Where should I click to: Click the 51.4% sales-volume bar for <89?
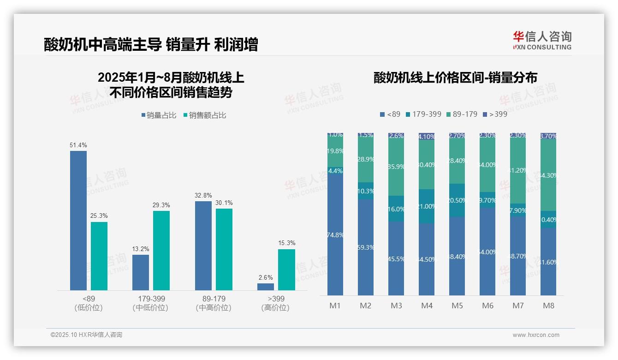pyautogui.click(x=78, y=221)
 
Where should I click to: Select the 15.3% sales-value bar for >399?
pyautogui.click(x=286, y=270)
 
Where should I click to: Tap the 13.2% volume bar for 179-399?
pyautogui.click(x=141, y=272)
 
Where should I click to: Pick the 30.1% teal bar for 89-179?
pyautogui.click(x=224, y=249)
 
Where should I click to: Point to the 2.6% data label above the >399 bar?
pyautogui.click(x=266, y=277)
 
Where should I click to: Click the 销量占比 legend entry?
pyautogui.click(x=159, y=115)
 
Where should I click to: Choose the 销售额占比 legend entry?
pyautogui.click(x=205, y=115)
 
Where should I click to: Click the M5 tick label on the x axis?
pyautogui.click(x=457, y=306)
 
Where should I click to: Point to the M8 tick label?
pyautogui.click(x=548, y=306)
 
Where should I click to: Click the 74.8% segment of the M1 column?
pyautogui.click(x=335, y=234)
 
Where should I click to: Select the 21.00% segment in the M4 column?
pyautogui.click(x=427, y=206)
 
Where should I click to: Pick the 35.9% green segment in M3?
pyautogui.click(x=396, y=167)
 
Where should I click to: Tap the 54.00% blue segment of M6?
pyautogui.click(x=487, y=252)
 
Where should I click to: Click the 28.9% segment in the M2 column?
pyautogui.click(x=366, y=159)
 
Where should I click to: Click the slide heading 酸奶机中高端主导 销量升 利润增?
pyautogui.click(x=151, y=44)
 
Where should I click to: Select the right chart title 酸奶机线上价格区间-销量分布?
pyautogui.click(x=455, y=78)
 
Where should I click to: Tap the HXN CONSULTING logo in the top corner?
pyautogui.click(x=542, y=40)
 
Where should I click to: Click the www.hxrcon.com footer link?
pyautogui.click(x=536, y=335)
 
